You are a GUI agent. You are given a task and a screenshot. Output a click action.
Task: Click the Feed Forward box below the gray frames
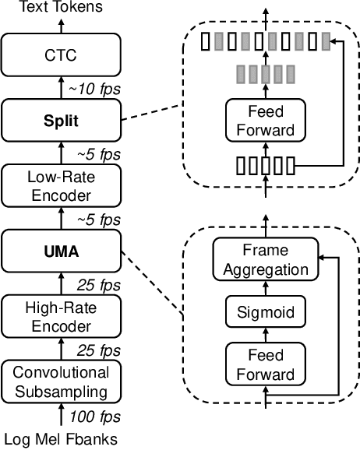[x=266, y=122]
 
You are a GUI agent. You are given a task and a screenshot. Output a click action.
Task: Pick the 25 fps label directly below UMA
[x=94, y=284]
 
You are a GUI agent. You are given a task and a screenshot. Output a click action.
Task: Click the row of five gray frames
[x=266, y=74]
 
